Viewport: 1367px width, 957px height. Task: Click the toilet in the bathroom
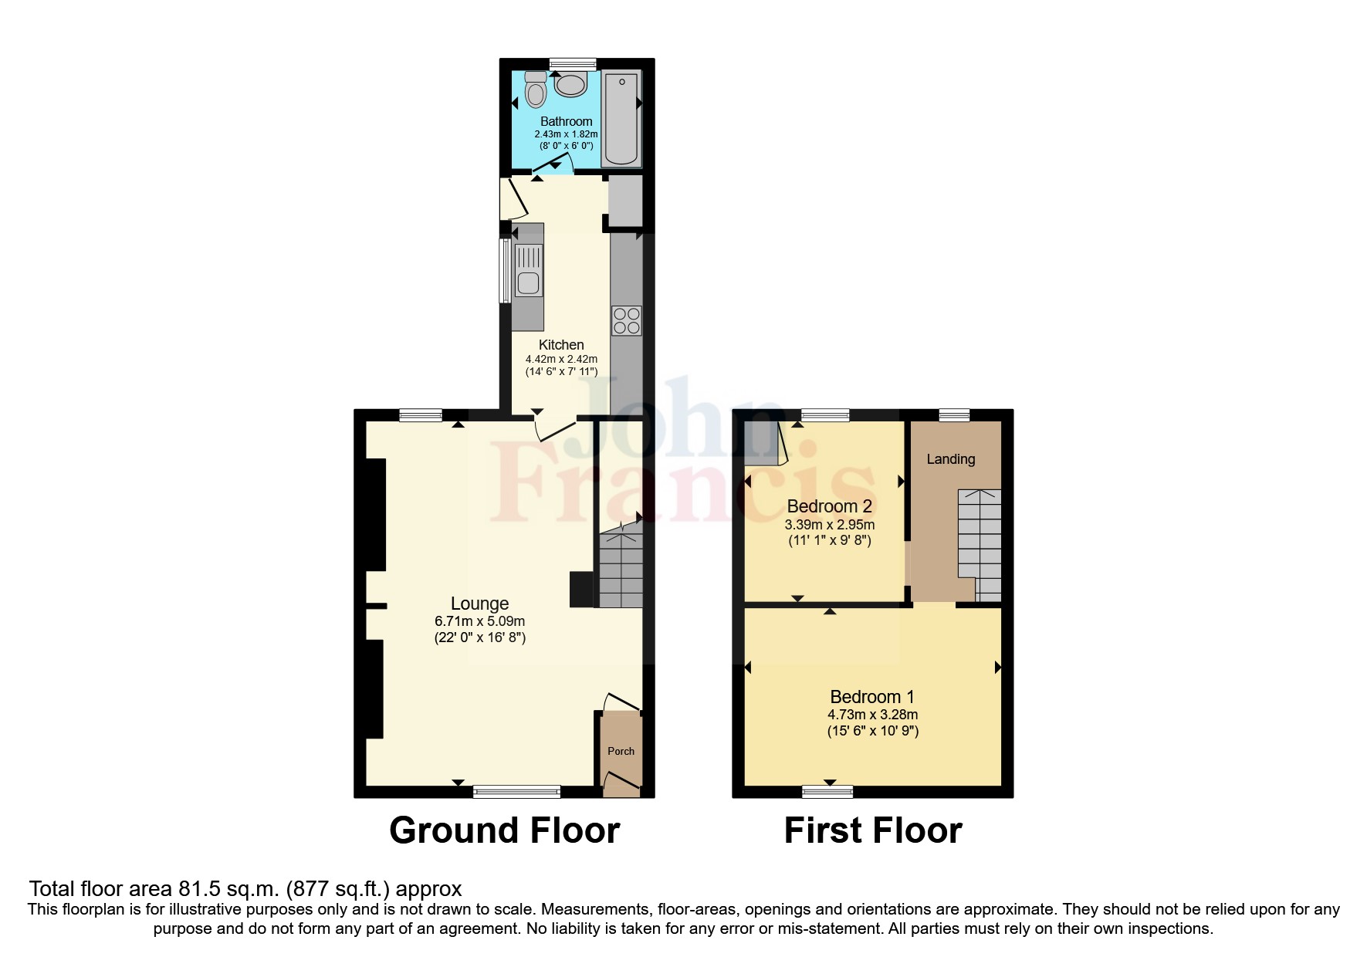535,90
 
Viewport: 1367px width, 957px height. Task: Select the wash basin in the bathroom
571,83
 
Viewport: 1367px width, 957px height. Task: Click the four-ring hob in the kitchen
626,320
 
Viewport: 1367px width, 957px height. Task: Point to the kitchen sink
529,270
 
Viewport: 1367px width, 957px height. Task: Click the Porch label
621,751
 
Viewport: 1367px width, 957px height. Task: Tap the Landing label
950,459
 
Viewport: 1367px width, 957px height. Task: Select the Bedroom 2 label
829,506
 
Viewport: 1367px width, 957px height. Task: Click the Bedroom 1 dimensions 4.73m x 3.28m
872,715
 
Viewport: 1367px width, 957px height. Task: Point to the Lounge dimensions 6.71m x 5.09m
479,621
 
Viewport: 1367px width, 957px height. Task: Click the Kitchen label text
561,345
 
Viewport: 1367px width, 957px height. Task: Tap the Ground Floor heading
504,830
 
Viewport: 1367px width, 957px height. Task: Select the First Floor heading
872,830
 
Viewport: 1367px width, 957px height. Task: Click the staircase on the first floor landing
980,540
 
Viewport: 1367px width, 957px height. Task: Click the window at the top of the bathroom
573,64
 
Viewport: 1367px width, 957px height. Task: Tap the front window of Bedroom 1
827,791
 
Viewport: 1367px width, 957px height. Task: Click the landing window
954,415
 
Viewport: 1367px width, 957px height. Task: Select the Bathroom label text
566,121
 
